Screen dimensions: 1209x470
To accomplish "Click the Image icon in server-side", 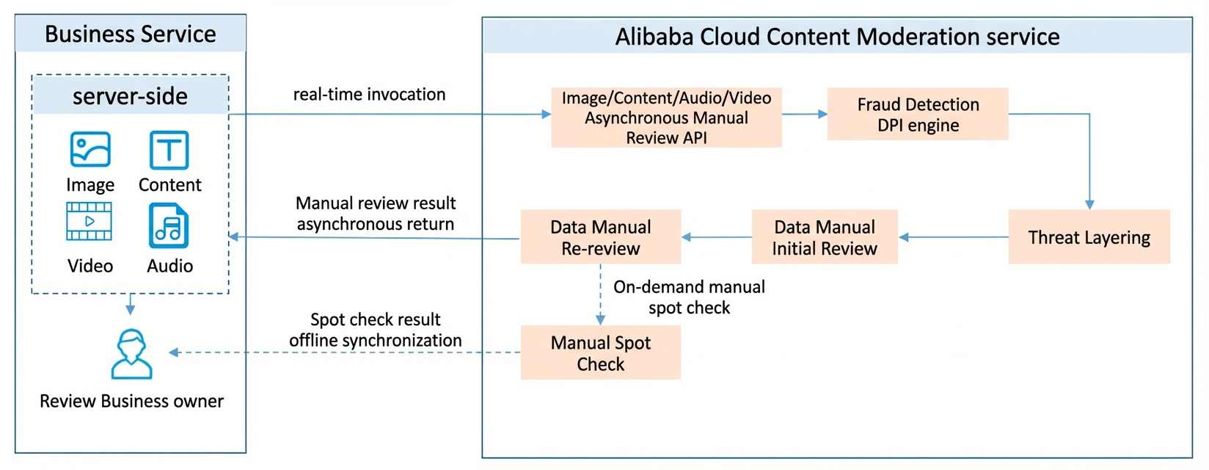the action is (x=90, y=149).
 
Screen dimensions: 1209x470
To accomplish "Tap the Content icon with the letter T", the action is (x=169, y=150).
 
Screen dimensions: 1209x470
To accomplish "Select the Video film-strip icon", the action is (x=89, y=221).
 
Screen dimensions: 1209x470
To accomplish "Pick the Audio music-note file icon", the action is (x=169, y=225).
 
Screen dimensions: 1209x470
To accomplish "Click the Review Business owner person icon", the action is (x=132, y=354).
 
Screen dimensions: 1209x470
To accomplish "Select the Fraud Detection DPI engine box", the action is (x=918, y=114).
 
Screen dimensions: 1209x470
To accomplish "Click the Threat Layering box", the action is (x=1089, y=236).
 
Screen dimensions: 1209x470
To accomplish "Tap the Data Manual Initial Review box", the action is (x=825, y=236).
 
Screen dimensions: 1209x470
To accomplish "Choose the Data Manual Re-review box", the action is (x=601, y=236).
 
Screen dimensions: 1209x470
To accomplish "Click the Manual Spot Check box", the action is (x=601, y=352).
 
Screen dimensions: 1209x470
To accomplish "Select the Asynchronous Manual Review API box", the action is (x=666, y=117).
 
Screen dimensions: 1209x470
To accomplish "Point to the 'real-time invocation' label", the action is (x=369, y=94).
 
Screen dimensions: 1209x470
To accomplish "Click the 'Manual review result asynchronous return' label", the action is (x=376, y=214).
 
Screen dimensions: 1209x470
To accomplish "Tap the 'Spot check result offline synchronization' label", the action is (x=376, y=330).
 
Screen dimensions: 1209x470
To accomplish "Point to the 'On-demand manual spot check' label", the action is (x=690, y=297).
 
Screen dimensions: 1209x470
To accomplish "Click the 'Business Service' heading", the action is (x=130, y=34).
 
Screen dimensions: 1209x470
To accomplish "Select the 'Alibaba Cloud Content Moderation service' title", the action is (x=837, y=37).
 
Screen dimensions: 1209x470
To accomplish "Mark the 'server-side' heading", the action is (x=130, y=96).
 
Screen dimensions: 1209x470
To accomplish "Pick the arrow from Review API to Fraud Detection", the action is (x=805, y=114).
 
